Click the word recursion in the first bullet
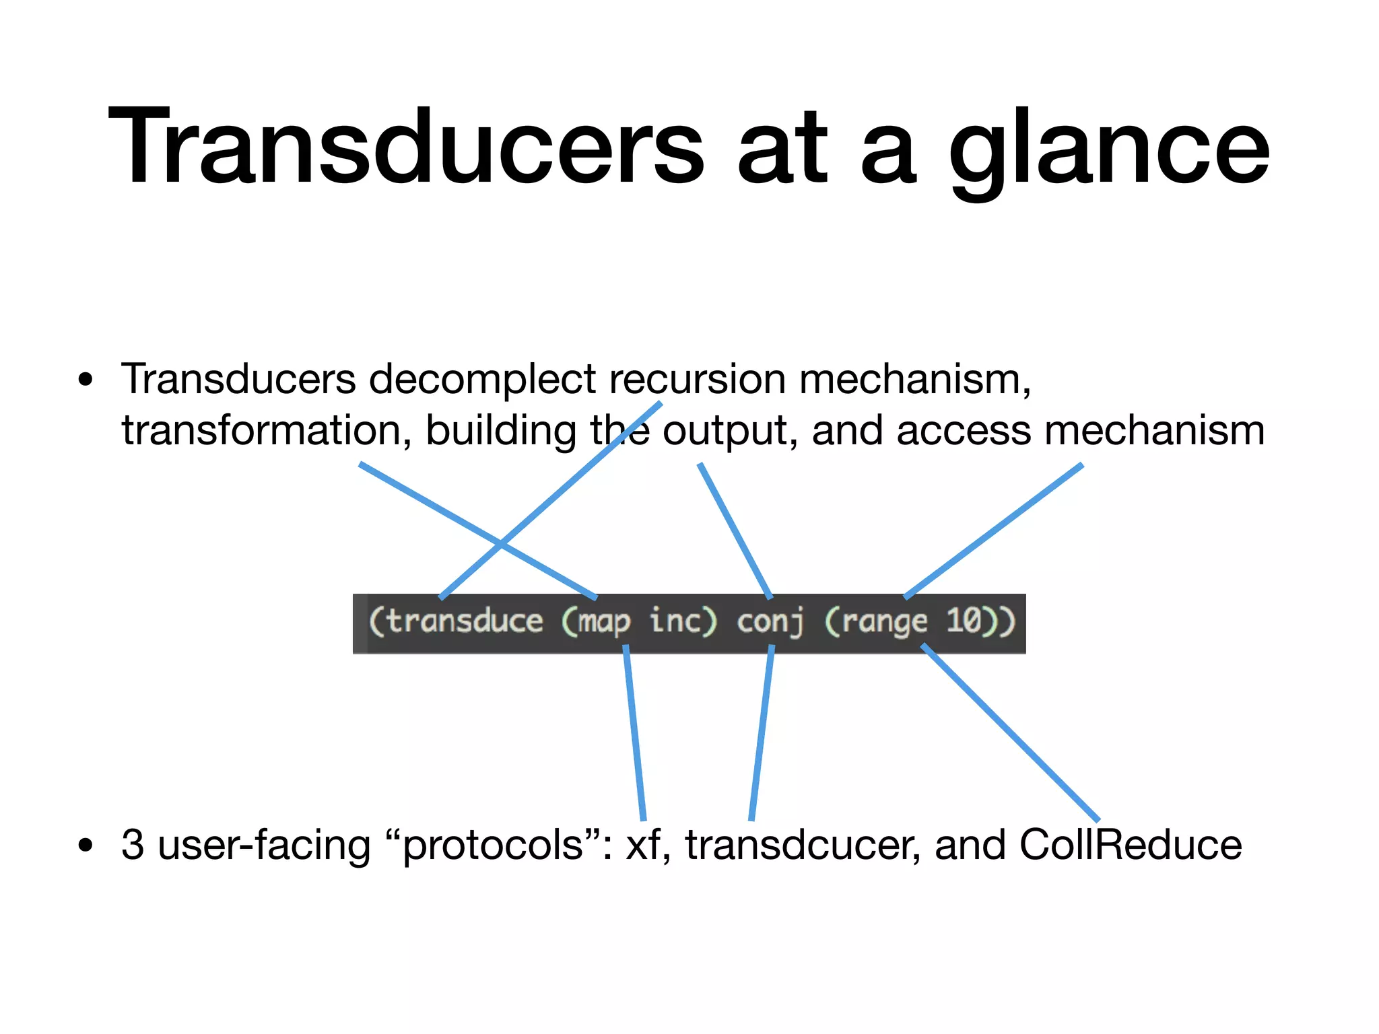698,379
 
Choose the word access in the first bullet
963,431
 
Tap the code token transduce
465,621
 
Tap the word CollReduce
1131,845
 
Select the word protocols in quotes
494,846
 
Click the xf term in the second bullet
643,846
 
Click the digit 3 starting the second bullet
133,845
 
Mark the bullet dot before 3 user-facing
85,846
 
